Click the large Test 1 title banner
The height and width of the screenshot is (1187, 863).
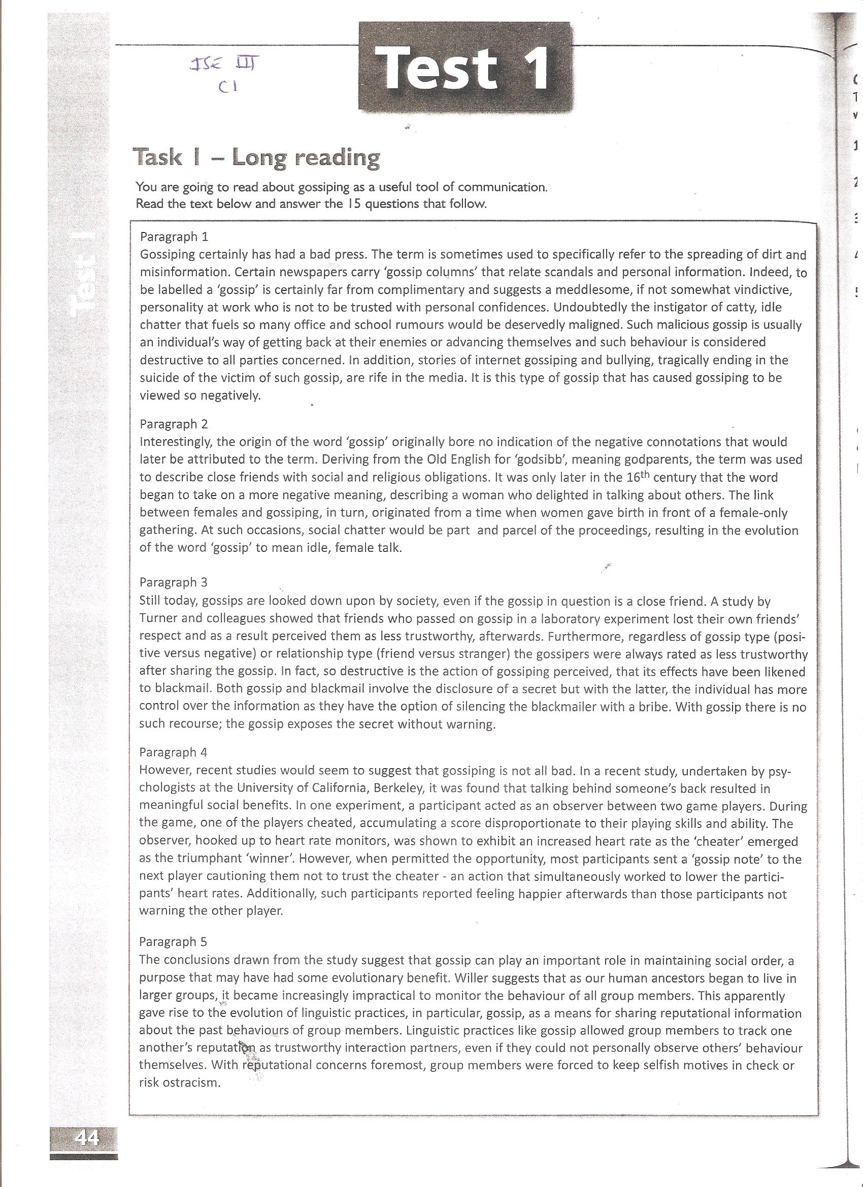coord(463,67)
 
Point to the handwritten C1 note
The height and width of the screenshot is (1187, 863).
coord(229,87)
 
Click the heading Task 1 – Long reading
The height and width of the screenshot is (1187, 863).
coord(256,157)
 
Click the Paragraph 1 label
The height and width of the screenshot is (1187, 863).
coord(174,237)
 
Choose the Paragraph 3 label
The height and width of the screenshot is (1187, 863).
coord(174,582)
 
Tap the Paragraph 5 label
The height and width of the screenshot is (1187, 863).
coord(173,942)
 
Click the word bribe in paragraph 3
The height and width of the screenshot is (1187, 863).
coord(654,707)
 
